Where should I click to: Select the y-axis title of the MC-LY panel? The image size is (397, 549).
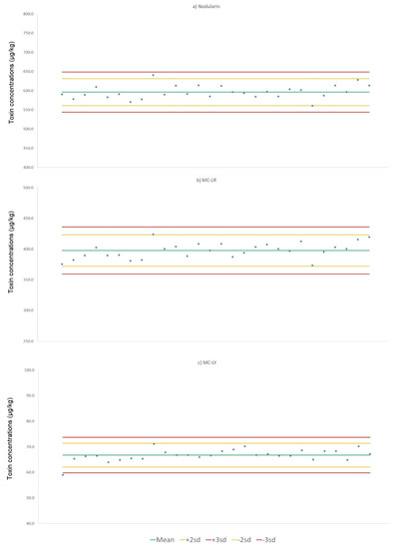click(x=11, y=446)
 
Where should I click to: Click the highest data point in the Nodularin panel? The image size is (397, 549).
click(x=153, y=75)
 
